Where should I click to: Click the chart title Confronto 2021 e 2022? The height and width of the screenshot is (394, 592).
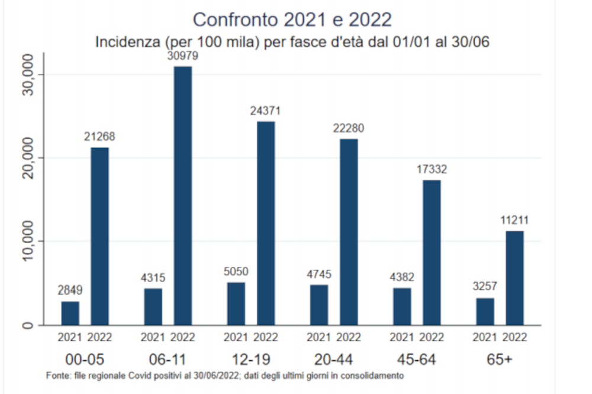(292, 20)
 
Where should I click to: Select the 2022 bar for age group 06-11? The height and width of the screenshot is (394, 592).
(182, 195)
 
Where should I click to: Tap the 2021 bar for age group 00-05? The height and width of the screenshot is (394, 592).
(70, 313)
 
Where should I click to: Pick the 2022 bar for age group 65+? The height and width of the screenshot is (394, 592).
(514, 277)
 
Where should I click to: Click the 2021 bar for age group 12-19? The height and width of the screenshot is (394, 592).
(236, 303)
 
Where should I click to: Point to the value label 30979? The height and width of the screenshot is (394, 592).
(182, 57)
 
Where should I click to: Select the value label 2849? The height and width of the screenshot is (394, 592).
(70, 290)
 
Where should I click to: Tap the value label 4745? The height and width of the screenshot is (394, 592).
(318, 274)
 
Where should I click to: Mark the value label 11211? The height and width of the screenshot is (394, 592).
(514, 221)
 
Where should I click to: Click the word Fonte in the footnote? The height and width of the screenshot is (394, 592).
(58, 376)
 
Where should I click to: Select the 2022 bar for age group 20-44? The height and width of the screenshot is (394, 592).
(349, 231)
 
